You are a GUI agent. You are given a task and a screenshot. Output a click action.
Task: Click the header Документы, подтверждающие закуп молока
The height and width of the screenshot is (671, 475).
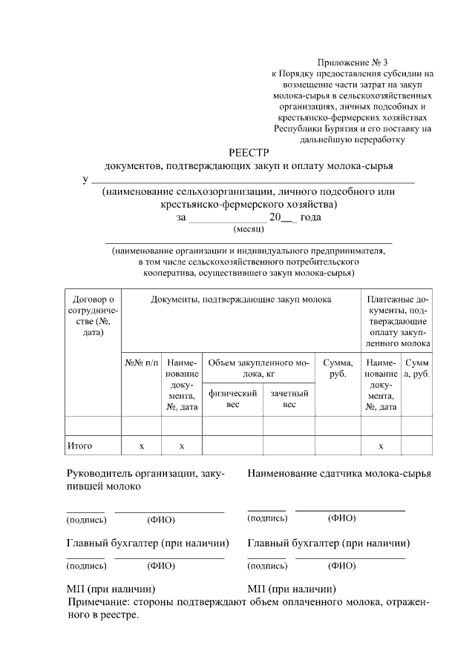pyautogui.click(x=240, y=300)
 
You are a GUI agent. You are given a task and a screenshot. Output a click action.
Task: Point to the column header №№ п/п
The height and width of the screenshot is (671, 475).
pyautogui.click(x=141, y=363)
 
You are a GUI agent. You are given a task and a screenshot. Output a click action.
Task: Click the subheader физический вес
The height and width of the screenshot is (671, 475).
pyautogui.click(x=232, y=399)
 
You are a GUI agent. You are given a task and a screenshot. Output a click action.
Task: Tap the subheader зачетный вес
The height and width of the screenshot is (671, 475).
pyautogui.click(x=288, y=399)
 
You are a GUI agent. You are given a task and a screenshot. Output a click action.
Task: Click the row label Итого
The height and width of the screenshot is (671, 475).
pyautogui.click(x=79, y=446)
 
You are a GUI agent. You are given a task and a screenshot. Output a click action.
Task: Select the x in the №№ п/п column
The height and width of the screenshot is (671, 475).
pyautogui.click(x=141, y=446)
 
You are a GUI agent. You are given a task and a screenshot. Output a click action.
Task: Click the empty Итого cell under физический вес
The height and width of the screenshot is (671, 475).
pyautogui.click(x=232, y=446)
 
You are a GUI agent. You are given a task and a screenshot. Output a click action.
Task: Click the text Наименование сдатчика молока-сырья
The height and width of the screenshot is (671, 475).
pyautogui.click(x=340, y=473)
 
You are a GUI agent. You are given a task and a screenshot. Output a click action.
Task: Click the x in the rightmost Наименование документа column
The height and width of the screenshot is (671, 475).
pyautogui.click(x=381, y=446)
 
